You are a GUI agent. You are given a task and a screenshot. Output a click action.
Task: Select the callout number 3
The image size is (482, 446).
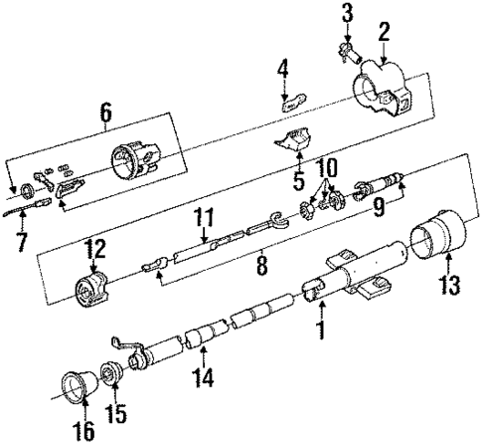347,12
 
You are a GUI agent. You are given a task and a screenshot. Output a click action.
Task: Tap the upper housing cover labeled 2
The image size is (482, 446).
383,84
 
